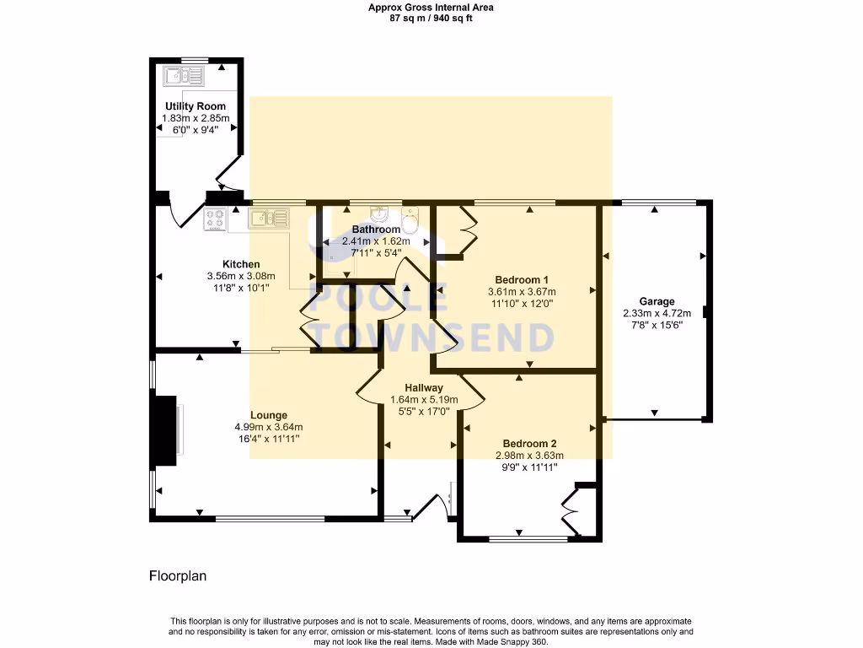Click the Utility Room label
tap(195, 106)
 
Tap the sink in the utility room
tap(184, 77)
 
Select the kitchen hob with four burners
tap(215, 219)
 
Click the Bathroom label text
tap(376, 229)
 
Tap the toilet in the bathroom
tap(410, 222)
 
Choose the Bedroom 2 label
tap(529, 444)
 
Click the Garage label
tap(657, 301)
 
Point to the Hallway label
tap(423, 388)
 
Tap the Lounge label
tap(268, 415)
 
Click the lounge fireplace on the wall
tap(165, 430)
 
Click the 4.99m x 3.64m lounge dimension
tap(268, 427)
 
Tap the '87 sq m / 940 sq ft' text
tap(431, 18)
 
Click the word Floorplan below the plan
tap(177, 576)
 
